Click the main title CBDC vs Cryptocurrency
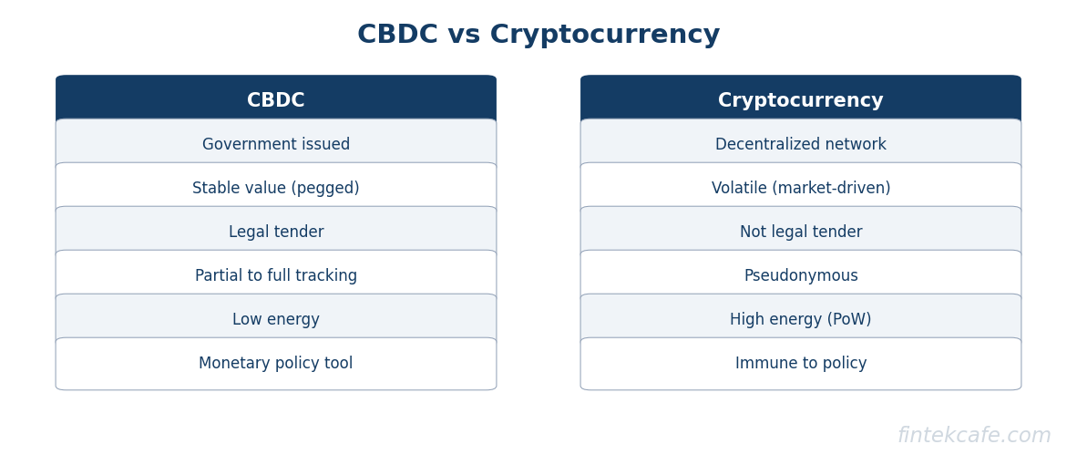538,35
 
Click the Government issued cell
276,144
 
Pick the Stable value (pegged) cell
276,188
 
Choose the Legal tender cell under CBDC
276,232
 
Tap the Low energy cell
276,319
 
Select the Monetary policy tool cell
276,364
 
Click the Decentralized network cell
801,144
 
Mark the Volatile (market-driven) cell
801,188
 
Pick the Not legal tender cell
801,232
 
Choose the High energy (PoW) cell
801,319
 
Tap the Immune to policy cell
801,364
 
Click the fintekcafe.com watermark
974,436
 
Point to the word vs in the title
464,36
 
